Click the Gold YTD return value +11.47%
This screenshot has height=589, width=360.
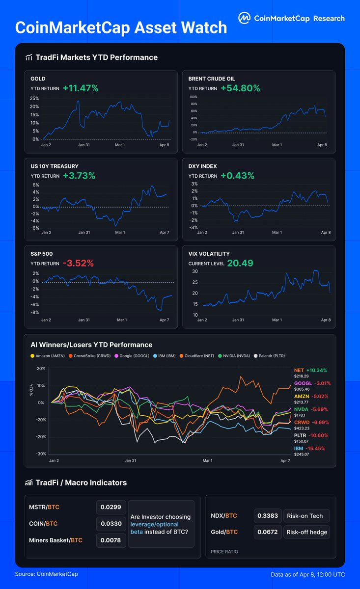(81, 88)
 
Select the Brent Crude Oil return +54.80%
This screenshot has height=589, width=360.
(240, 88)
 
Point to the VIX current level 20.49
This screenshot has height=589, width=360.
(240, 263)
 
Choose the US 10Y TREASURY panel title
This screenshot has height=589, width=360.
(55, 166)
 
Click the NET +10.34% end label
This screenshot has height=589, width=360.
(310, 371)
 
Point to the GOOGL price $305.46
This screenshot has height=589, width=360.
(303, 390)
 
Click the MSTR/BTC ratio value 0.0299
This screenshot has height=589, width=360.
(111, 507)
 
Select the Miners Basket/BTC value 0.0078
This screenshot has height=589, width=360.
(111, 540)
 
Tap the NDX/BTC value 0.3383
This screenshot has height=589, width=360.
(268, 516)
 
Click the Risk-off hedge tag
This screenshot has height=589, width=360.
(306, 532)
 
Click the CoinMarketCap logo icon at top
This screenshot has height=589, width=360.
(244, 18)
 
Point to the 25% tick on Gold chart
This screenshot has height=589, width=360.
(35, 98)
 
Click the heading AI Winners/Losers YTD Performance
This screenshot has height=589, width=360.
(91, 345)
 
